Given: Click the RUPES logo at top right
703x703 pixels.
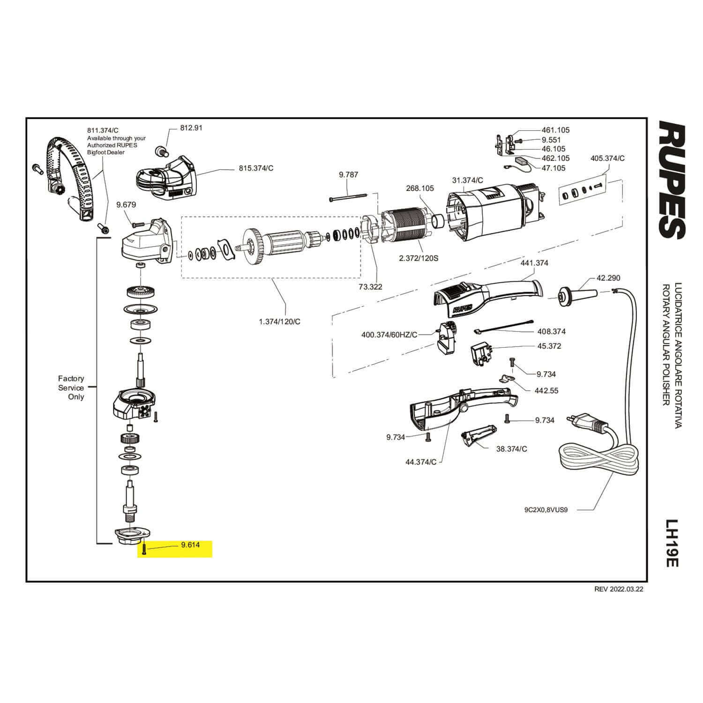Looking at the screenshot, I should pos(673,179).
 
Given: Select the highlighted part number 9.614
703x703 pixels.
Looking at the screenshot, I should pos(190,545).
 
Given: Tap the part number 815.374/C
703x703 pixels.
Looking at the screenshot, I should pos(256,168).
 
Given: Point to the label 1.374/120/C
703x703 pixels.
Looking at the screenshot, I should pos(279,322).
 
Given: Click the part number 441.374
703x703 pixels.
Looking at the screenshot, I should pos(534,263).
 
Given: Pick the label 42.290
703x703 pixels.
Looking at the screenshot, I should pos(608,278).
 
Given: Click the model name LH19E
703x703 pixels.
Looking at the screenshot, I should pos(673,543).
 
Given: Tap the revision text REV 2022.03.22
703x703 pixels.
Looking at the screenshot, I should pos(619,590).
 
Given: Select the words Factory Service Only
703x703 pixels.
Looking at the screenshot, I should pos(71,388).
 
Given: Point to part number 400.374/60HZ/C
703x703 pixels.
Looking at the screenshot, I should pos(389,335).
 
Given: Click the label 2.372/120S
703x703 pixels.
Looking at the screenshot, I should pos(418,258).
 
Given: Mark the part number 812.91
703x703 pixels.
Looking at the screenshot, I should pos(191,127).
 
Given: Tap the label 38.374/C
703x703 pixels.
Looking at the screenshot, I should pos(511,449).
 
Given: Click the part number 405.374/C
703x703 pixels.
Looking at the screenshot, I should pos(607,158).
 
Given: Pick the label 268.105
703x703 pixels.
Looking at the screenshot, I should pos(419,188).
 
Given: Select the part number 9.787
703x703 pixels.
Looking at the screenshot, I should pos(348,175).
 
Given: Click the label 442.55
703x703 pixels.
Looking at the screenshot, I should pos(546,390).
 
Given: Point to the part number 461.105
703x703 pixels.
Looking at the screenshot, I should pos(555,130).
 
